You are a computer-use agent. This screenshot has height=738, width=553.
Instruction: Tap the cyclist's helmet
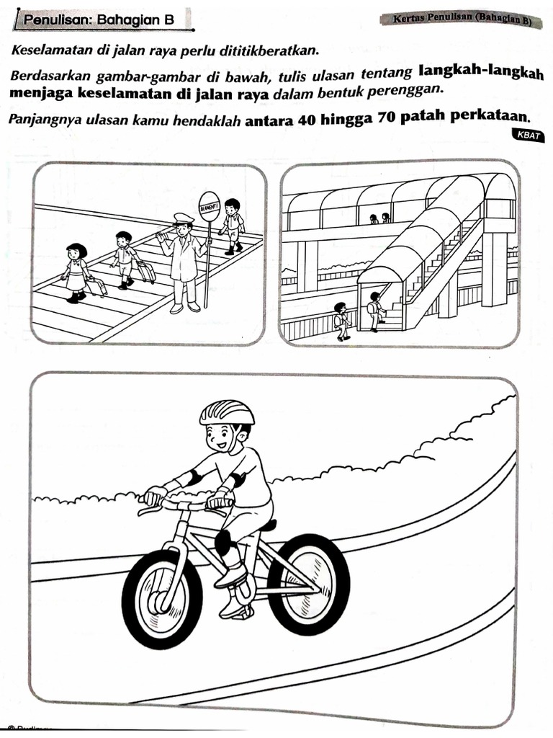(227, 413)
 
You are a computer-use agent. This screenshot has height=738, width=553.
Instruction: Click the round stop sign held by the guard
(209, 205)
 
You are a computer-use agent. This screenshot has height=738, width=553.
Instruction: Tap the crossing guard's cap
(184, 218)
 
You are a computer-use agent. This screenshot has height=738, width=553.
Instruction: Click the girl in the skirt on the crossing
(76, 272)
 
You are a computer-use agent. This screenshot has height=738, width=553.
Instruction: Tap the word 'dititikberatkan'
(275, 50)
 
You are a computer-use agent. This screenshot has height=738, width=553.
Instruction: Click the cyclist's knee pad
(223, 541)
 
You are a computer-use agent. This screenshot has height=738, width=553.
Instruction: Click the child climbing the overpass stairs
(375, 311)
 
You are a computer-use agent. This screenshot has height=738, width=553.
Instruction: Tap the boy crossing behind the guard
(232, 224)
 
